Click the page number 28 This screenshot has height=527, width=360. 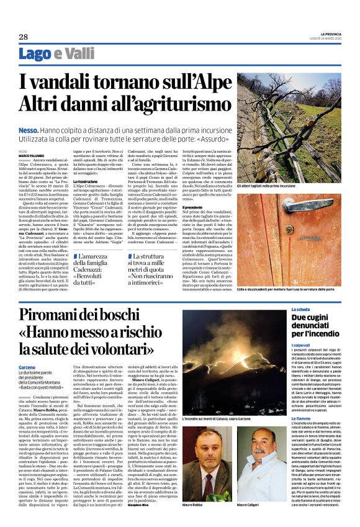coord(23,37)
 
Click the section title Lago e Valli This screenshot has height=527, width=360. coord(52,54)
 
